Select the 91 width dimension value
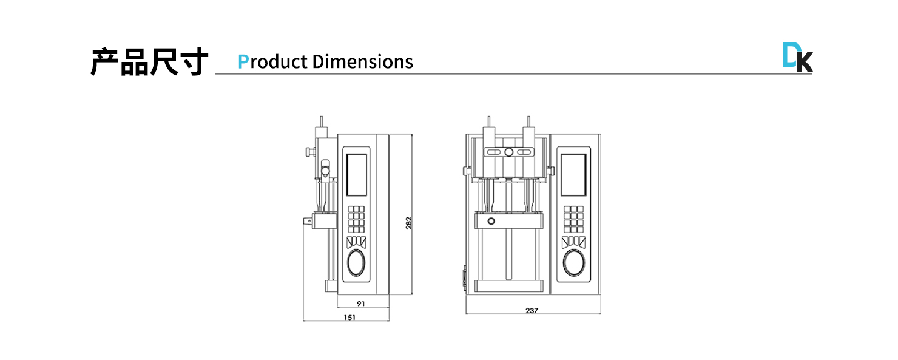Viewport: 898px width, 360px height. tap(360, 303)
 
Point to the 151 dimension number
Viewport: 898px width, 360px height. tap(349, 317)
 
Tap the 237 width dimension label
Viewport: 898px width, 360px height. tap(532, 310)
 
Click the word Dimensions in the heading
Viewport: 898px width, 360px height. tap(362, 62)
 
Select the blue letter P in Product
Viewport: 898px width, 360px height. tap(243, 62)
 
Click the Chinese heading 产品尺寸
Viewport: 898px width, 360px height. tap(149, 62)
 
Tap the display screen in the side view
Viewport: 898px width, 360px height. tap(357, 175)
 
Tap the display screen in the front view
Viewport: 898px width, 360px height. tap(573, 175)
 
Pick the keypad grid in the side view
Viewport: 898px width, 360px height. tap(357, 219)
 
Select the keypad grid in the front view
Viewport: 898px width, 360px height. tap(573, 219)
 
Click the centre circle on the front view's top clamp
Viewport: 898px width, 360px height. tap(509, 152)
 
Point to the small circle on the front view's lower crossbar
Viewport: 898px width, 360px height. tap(491, 221)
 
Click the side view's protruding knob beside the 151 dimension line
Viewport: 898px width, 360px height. tap(309, 222)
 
